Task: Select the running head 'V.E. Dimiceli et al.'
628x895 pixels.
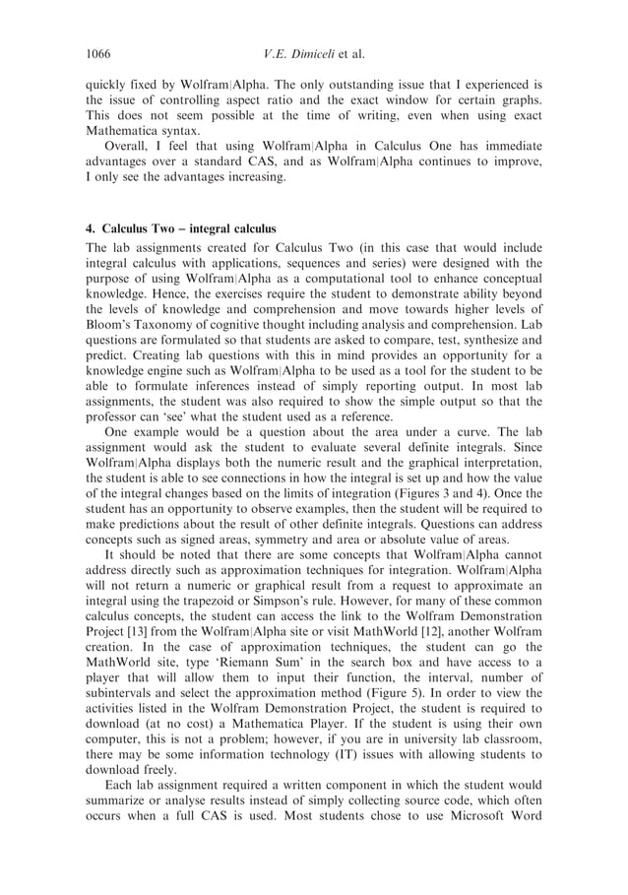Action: click(314, 53)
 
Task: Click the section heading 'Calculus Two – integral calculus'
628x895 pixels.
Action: click(189, 228)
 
